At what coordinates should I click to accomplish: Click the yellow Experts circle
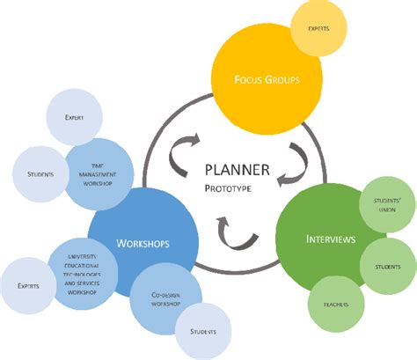318,29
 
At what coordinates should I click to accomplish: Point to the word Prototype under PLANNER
228,188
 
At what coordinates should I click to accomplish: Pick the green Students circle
388,266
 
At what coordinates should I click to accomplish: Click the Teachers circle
335,305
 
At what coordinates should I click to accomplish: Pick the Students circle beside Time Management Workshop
39,173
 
